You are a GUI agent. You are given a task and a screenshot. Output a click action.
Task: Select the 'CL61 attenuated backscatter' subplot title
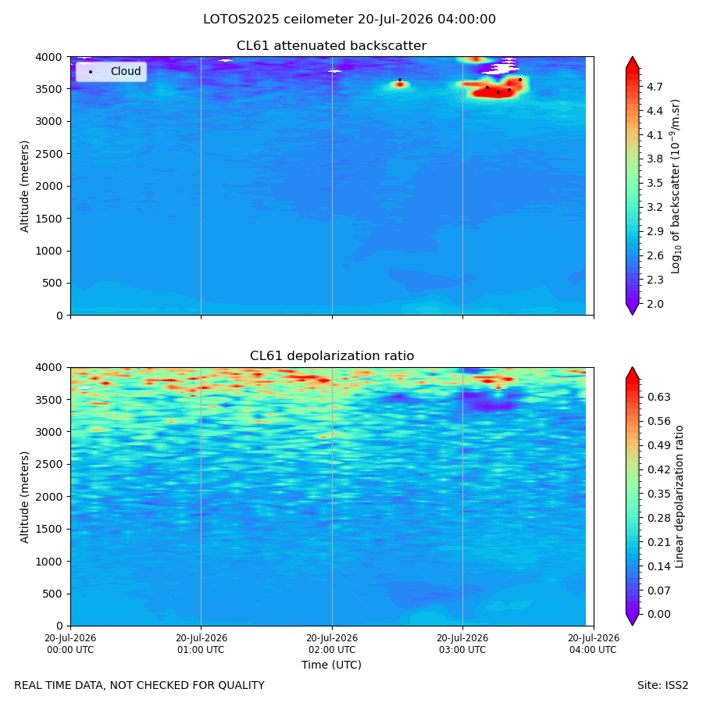(x=331, y=46)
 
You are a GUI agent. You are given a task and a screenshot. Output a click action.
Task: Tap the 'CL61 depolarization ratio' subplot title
(x=332, y=356)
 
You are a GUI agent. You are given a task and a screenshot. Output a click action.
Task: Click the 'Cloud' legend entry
(x=126, y=71)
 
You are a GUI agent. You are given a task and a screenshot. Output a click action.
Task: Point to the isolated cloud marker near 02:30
(x=400, y=80)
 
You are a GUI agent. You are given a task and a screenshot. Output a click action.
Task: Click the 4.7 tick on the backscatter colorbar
(x=655, y=87)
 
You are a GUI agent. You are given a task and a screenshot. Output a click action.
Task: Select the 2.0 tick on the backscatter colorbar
(x=655, y=304)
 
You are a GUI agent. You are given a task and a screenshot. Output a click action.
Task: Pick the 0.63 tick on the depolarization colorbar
(x=659, y=398)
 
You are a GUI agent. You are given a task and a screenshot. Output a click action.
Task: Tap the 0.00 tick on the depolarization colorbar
(x=659, y=614)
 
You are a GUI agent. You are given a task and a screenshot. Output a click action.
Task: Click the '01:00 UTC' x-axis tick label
(x=202, y=644)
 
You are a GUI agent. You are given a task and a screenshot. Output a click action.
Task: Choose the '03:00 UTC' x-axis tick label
(x=462, y=644)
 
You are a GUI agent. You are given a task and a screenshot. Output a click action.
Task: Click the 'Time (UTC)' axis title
(x=331, y=665)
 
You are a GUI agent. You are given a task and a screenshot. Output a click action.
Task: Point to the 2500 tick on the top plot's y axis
(x=50, y=154)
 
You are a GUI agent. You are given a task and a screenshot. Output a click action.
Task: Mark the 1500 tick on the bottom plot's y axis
(x=50, y=529)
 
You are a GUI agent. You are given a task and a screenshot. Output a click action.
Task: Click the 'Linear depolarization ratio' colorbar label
(x=679, y=497)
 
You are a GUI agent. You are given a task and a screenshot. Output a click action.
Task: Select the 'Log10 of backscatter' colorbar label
(x=676, y=187)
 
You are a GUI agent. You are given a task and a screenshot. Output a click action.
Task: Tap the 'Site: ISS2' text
(x=662, y=686)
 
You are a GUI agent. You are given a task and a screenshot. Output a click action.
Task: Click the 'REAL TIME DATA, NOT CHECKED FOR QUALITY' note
(x=140, y=686)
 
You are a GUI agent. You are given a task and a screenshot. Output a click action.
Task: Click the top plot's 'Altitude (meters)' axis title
(x=24, y=187)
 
